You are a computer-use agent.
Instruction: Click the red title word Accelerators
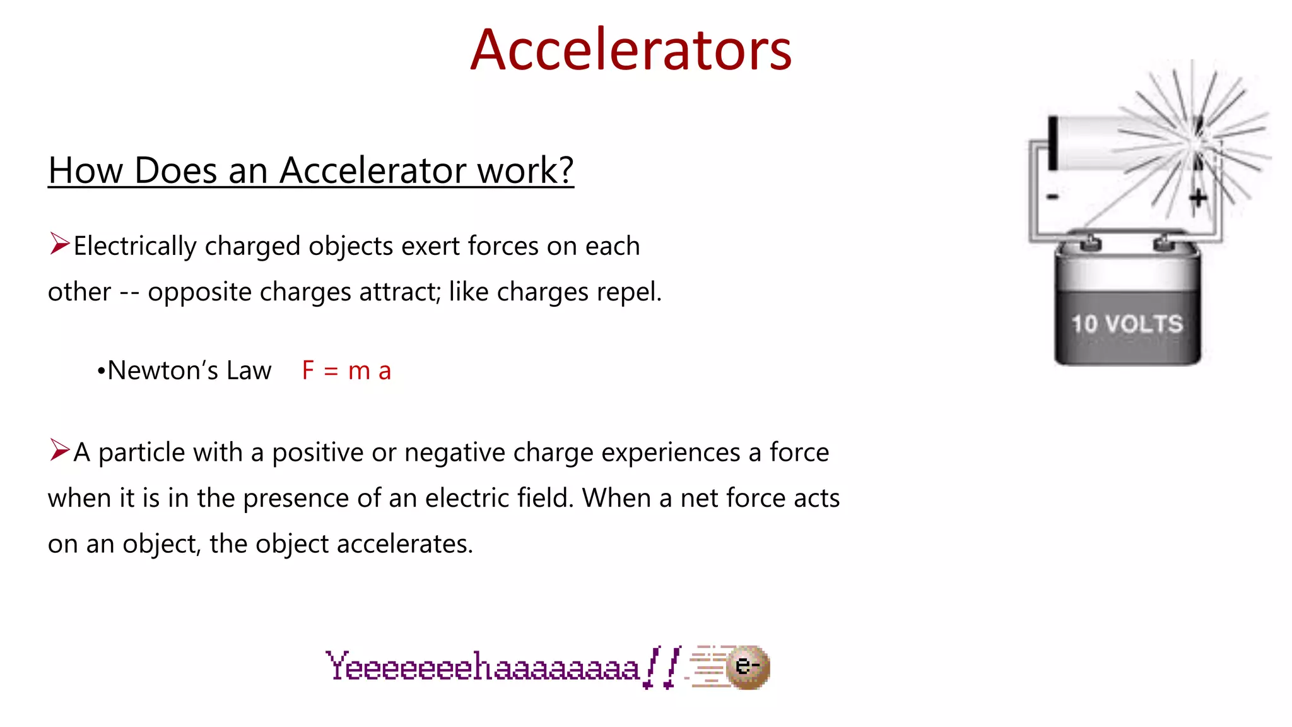[631, 50]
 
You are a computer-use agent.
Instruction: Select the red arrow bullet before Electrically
[59, 244]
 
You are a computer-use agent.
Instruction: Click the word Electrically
[134, 246]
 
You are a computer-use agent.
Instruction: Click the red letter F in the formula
[308, 370]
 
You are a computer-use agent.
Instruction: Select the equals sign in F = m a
[331, 372]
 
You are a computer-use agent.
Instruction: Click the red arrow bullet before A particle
[59, 450]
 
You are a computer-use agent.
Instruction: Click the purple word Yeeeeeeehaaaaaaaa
[483, 667]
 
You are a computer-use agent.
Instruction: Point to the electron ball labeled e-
[748, 666]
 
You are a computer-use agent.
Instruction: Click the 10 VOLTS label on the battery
[1127, 324]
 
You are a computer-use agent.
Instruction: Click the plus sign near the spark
[1197, 198]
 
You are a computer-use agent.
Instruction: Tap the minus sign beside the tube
[1052, 198]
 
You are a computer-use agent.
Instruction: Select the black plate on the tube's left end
[1052, 143]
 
